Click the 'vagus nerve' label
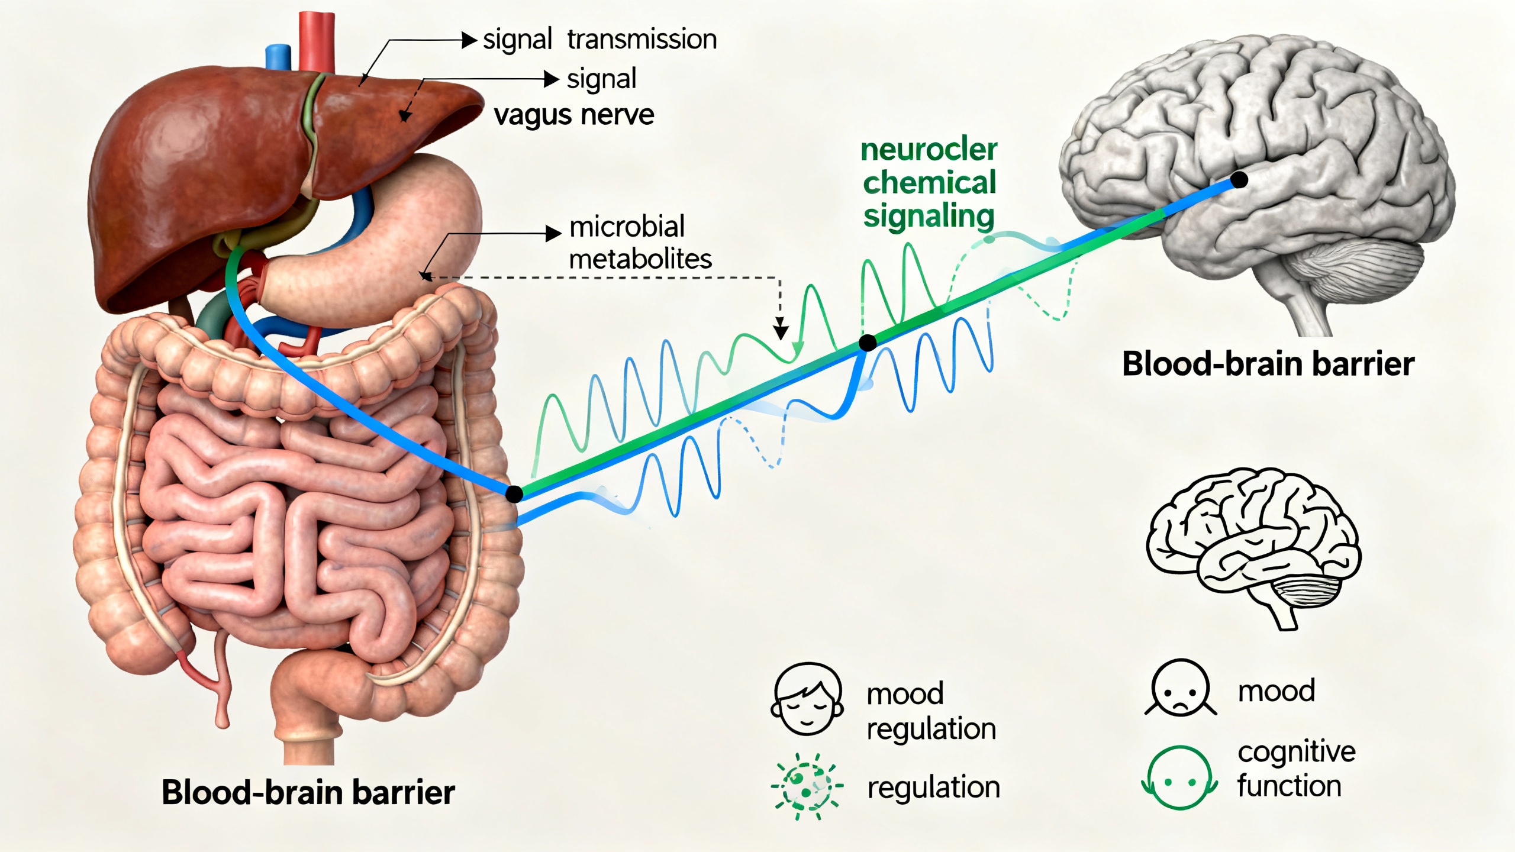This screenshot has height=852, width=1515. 574,115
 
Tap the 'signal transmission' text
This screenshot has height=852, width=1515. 599,40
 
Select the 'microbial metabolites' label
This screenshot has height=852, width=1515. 640,243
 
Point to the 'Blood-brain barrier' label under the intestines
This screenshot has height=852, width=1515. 308,792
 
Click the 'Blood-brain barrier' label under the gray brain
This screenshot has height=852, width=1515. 1268,363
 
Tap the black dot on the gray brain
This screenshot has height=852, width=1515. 1239,180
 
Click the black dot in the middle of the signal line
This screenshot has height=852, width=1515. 868,343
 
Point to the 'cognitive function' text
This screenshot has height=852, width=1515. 1296,769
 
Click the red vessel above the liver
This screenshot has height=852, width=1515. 317,35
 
